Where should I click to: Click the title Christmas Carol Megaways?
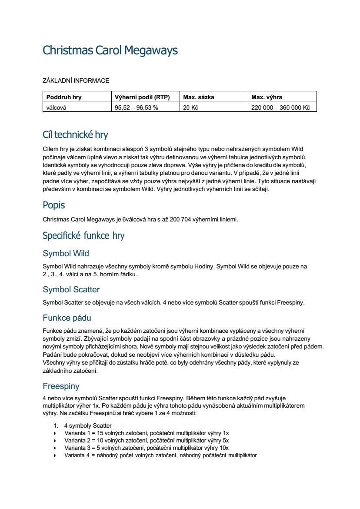click(x=110, y=50)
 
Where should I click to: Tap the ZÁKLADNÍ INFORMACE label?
click(x=76, y=80)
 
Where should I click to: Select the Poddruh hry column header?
click(x=64, y=97)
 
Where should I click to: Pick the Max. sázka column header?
click(x=199, y=97)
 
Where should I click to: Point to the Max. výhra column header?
click(x=267, y=97)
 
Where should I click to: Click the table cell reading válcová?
click(x=57, y=107)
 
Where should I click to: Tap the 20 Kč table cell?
click(x=190, y=107)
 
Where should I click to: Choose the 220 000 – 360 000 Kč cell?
click(x=280, y=107)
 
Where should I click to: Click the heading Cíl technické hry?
click(x=75, y=134)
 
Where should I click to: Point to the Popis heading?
click(x=54, y=205)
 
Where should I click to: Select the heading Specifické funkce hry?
click(x=83, y=236)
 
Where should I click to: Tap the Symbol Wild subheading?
click(x=66, y=253)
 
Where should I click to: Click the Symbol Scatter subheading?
click(x=71, y=289)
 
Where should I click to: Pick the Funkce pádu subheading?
click(x=67, y=318)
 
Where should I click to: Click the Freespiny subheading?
click(x=61, y=386)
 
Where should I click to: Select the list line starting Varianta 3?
click(x=147, y=448)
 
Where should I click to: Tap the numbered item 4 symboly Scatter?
click(x=88, y=425)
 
